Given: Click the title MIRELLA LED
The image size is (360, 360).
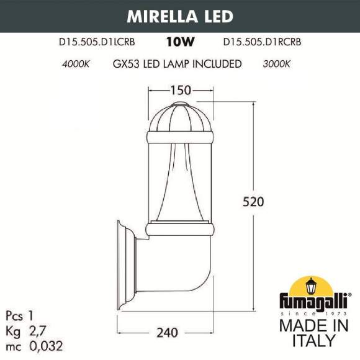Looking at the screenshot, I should [x=179, y=16].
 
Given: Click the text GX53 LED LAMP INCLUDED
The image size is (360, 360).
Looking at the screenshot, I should [x=178, y=64].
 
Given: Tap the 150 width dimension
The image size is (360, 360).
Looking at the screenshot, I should [x=179, y=91].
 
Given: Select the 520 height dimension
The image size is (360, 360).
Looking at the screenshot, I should [x=255, y=202].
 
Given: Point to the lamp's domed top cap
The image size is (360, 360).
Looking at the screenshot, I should [x=179, y=118].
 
